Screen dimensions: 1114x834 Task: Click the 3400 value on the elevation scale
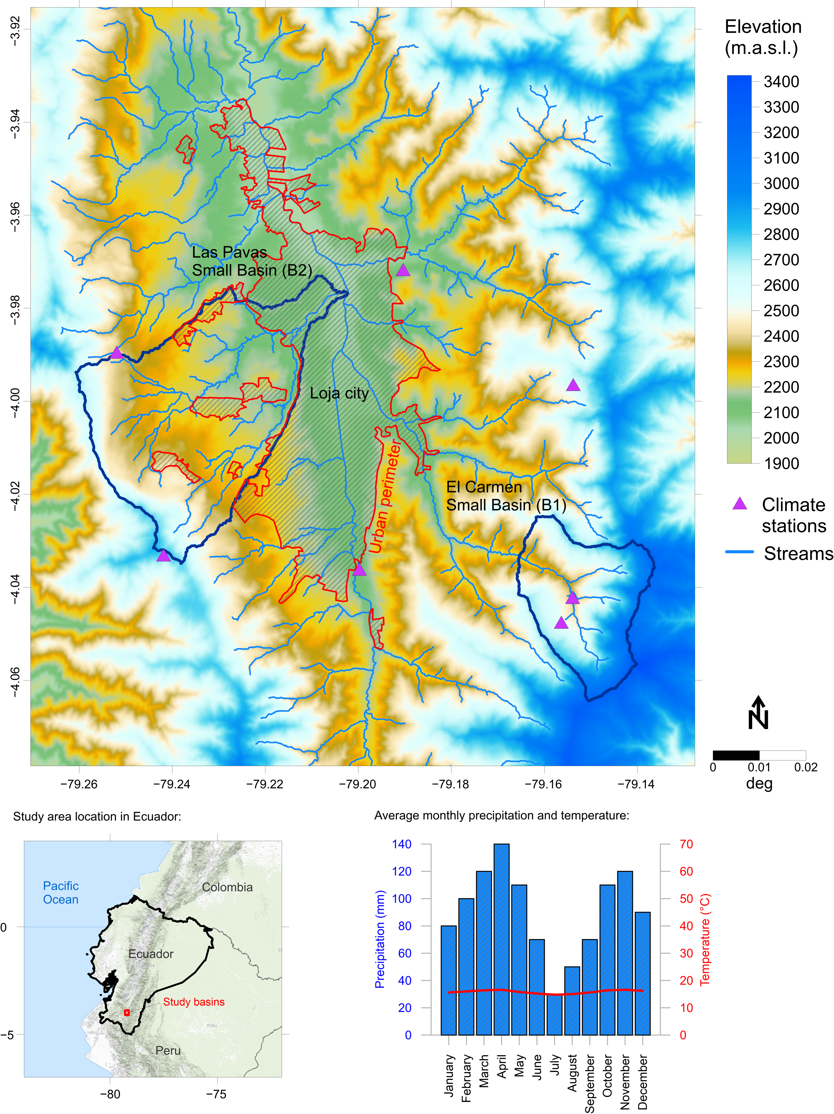(781, 82)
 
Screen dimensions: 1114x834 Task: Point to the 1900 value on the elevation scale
(781, 463)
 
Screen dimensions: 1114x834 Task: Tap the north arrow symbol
(758, 713)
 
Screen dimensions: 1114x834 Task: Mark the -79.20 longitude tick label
(358, 784)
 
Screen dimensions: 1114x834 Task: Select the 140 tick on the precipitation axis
(401, 845)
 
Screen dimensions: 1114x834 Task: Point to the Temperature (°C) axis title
(705, 939)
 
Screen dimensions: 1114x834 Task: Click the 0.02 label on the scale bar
(806, 768)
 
